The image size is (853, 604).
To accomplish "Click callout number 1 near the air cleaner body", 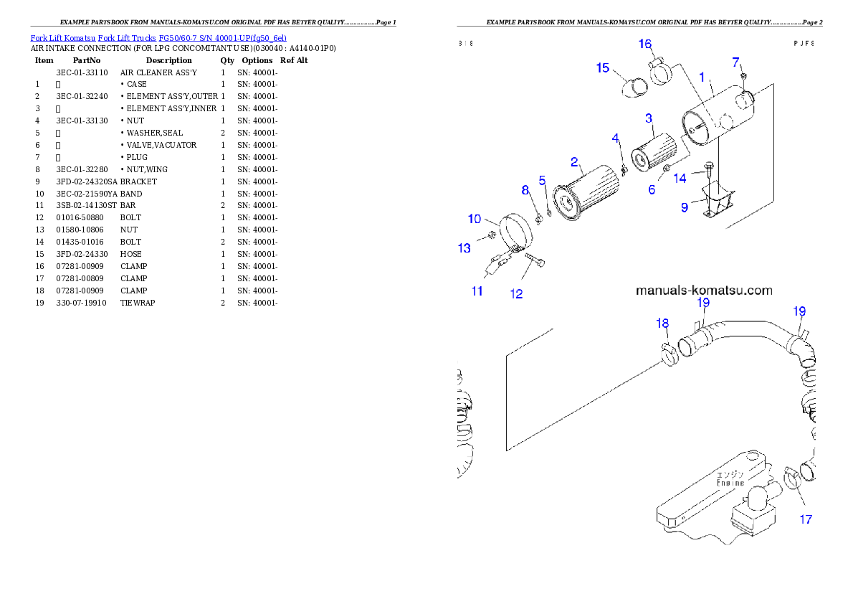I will click(702, 76).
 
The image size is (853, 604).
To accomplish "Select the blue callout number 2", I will click(574, 162).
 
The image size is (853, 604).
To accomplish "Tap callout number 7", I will click(736, 62).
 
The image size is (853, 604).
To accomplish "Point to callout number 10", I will click(475, 219).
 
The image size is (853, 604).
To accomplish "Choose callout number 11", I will click(477, 291).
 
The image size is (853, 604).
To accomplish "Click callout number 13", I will click(464, 248).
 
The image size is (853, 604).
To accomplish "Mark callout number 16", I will click(645, 44).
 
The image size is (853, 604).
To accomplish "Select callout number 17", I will click(806, 519).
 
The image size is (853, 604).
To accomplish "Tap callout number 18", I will click(662, 324).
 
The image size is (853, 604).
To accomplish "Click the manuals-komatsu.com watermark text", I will click(704, 291).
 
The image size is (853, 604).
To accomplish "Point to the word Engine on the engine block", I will click(730, 483).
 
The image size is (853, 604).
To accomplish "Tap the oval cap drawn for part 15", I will click(634, 89).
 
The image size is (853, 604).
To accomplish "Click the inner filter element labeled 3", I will click(653, 153).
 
